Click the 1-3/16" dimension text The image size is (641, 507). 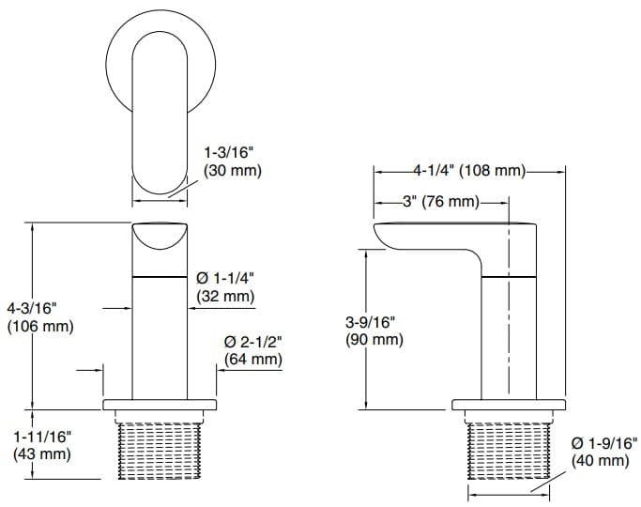click(232, 153)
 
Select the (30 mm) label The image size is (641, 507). click(232, 171)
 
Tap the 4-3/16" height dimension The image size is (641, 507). click(33, 308)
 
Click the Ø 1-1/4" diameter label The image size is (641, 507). click(225, 278)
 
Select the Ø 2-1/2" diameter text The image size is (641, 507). click(252, 341)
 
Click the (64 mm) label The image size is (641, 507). click(252, 359)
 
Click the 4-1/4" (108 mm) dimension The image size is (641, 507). click(468, 171)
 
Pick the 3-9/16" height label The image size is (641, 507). click(371, 321)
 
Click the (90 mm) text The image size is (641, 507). click(373, 339)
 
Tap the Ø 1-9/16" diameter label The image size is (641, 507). click(603, 442)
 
